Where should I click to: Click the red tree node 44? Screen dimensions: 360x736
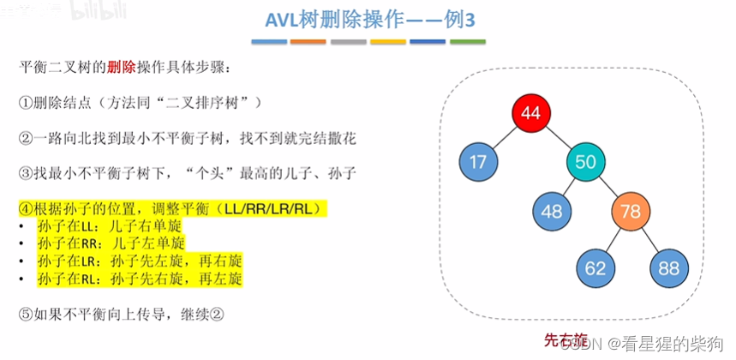click(x=530, y=114)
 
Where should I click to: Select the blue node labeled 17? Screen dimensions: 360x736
click(x=479, y=162)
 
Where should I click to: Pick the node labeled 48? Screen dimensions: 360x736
click(x=552, y=211)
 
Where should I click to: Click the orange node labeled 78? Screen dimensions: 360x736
click(x=632, y=211)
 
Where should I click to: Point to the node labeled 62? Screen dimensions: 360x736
click(x=595, y=267)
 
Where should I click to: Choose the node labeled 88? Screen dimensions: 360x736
click(x=669, y=267)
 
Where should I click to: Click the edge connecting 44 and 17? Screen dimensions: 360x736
click(x=505, y=138)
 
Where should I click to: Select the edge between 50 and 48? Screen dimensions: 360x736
click(x=568, y=186)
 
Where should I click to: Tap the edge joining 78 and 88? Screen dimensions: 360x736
click(x=651, y=239)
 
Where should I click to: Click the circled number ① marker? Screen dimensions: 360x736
click(x=26, y=102)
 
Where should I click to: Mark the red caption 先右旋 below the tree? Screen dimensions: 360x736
click(x=566, y=339)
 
